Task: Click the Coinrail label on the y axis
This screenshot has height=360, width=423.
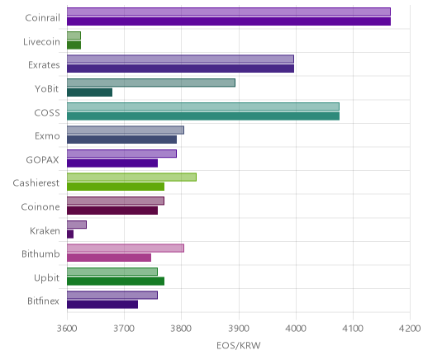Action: pos(42,18)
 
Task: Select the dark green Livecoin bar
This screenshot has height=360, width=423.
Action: pos(74,45)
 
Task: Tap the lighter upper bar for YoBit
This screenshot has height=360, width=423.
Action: pos(151,83)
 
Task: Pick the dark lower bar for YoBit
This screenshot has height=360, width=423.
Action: pos(89,92)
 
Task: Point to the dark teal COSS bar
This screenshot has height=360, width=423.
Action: pos(203,116)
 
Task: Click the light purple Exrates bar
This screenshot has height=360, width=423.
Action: pos(180,59)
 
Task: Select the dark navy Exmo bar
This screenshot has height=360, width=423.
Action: pos(121,140)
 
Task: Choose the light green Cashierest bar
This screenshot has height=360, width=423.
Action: pos(131,178)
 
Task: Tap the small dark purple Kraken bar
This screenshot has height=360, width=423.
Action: pos(70,234)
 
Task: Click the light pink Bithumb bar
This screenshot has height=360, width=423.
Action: pos(126,249)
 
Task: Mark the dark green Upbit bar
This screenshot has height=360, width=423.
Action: pos(116,282)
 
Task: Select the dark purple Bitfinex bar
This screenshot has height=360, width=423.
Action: pos(102,305)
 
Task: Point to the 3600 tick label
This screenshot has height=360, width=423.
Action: pos(67,329)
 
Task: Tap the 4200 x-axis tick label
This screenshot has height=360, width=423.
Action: pos(410,329)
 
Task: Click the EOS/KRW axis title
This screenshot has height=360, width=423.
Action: pos(239,345)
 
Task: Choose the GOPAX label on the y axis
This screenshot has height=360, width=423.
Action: pos(42,160)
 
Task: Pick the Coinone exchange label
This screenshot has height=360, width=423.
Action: pos(40,207)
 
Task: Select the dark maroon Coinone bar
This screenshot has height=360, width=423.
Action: pos(112,211)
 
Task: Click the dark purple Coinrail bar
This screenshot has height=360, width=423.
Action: pos(229,21)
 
